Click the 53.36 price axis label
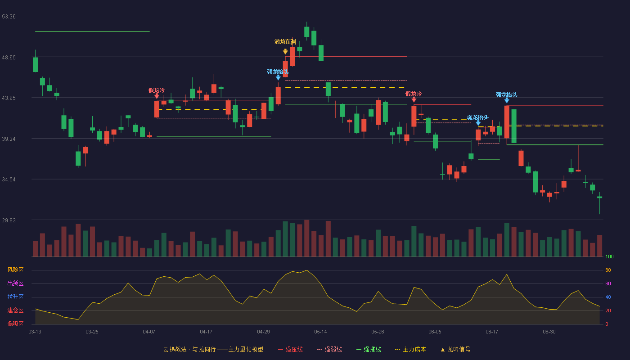9,17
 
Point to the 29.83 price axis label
9,220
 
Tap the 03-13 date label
35,332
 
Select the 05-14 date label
320,332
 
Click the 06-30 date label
549,332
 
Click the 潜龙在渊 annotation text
285,42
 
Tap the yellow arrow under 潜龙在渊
285,51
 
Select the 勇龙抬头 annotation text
478,117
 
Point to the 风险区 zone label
15,270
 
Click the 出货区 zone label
15,283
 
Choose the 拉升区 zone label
15,297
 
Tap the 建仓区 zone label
15,310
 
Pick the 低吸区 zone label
15,324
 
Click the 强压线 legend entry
290,349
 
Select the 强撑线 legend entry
369,349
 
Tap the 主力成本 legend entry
410,349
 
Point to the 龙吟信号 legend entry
455,349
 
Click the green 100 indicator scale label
609,256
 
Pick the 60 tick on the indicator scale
608,283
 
